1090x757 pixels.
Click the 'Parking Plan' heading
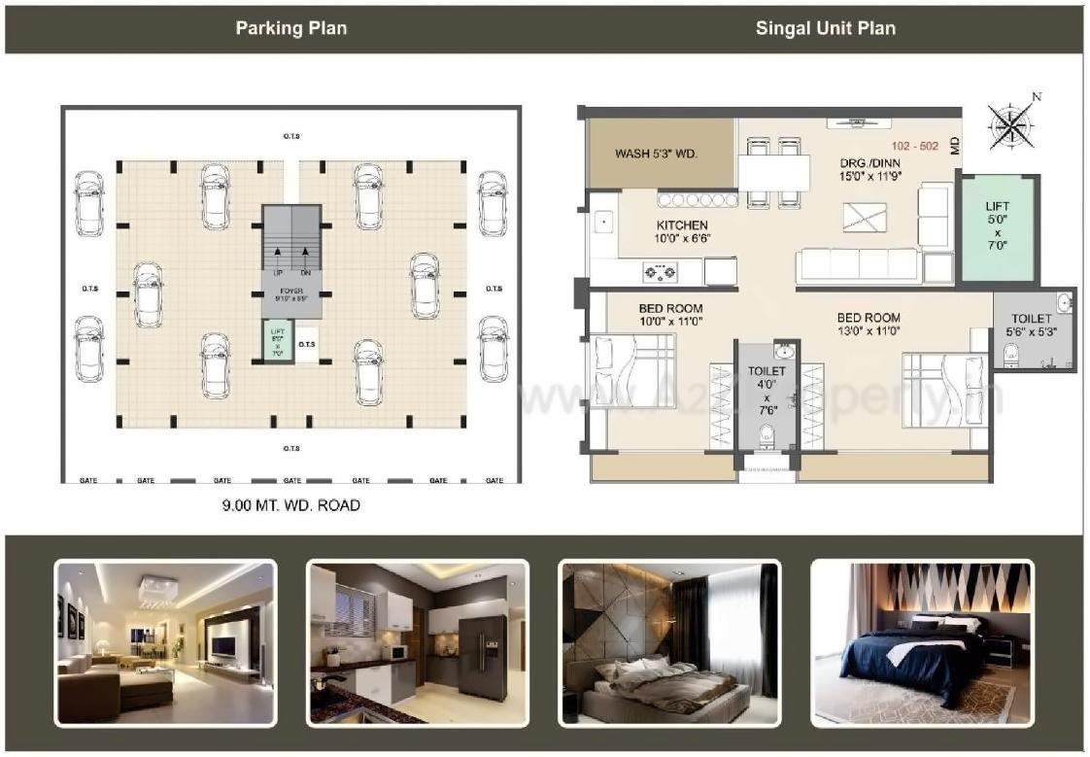pos(290,28)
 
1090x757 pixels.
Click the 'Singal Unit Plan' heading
pos(825,28)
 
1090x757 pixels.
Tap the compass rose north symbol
pos(1013,125)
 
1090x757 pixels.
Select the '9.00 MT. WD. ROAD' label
pos(291,505)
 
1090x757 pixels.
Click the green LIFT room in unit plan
pos(997,228)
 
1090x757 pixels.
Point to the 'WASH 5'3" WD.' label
pos(657,154)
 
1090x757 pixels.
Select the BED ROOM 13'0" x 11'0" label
pos(869,325)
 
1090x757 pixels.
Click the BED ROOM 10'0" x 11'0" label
pos(669,315)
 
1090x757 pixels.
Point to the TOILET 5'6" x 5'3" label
pos(1032,325)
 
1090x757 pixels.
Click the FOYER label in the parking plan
pos(291,294)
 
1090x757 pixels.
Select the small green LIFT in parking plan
pos(277,342)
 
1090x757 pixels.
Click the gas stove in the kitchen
pos(659,272)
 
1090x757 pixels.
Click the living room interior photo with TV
pos(165,642)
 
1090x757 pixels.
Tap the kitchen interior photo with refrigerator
pos(417,642)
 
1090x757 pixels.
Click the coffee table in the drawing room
pos(865,217)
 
